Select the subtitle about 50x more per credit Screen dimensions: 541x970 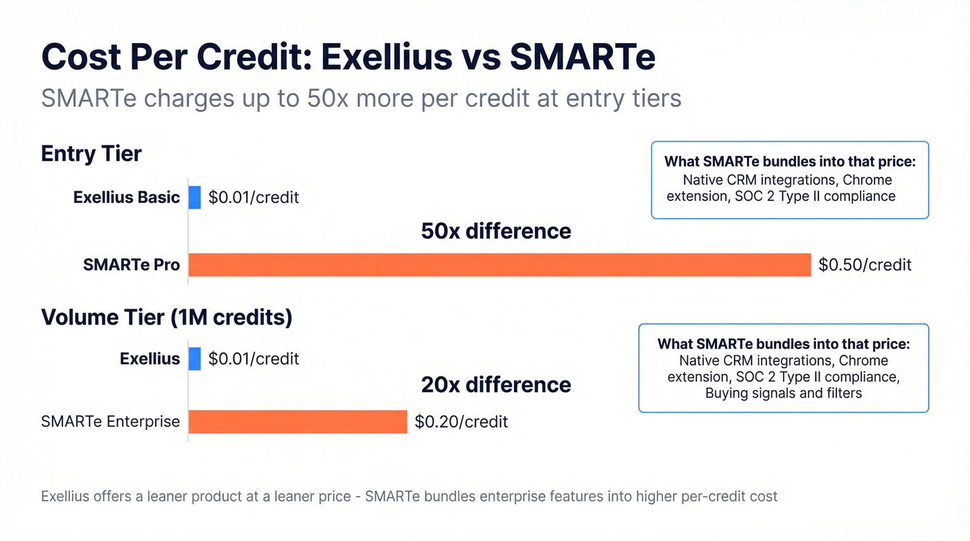pos(361,98)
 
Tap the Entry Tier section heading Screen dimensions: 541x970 pos(91,153)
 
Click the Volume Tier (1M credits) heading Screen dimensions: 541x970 pos(166,317)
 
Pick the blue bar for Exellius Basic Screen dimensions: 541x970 pos(195,197)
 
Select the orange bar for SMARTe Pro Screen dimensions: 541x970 pos(499,265)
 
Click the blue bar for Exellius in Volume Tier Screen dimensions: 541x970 pos(195,359)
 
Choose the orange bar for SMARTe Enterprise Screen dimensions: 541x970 pos(297,421)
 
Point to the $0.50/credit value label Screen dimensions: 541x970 pos(865,265)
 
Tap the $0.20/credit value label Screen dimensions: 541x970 pos(461,421)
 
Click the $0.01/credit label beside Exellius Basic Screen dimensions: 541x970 pos(254,197)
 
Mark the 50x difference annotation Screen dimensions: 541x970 pos(496,231)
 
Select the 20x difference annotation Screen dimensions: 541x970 pos(496,384)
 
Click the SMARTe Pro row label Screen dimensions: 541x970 pos(131,265)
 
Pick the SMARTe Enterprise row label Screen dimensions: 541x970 pos(110,421)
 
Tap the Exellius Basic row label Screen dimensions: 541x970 pos(126,197)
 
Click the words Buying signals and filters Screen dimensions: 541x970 pos(783,393)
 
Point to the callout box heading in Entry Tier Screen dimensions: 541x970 pos(790,161)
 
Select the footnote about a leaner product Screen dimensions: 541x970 pos(409,496)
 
